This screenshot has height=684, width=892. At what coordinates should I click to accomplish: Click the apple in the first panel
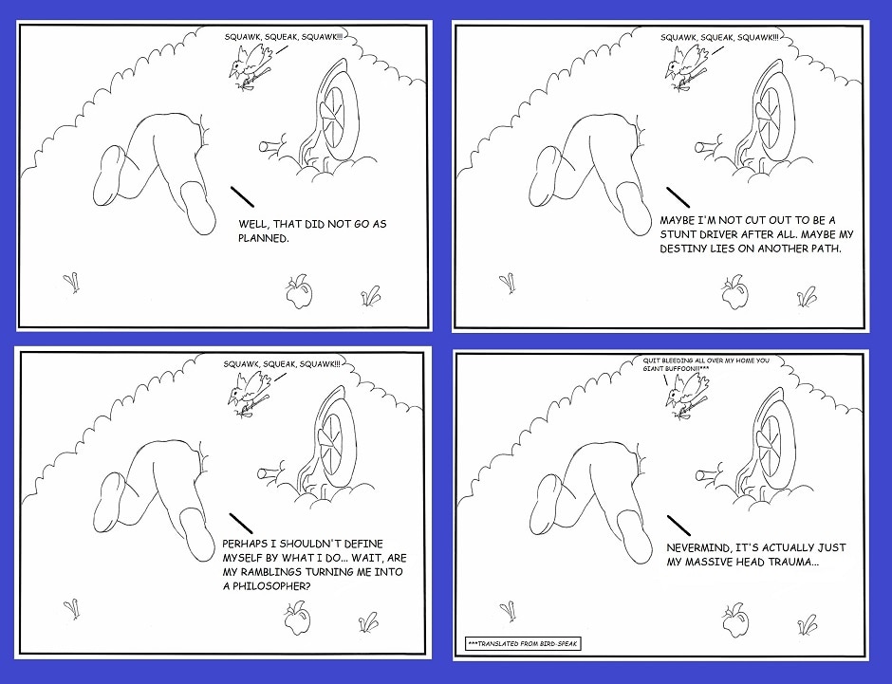[x=299, y=291]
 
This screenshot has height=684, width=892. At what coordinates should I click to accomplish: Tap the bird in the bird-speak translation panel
[x=686, y=396]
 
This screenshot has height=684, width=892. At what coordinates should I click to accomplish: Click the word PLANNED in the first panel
[x=264, y=238]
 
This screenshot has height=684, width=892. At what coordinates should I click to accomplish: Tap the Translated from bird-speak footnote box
[x=523, y=643]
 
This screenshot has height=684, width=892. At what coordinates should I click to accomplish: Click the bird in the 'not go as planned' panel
[x=251, y=66]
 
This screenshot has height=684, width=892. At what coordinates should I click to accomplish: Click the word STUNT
[x=678, y=234]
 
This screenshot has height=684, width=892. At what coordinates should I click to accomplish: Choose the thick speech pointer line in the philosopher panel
[x=241, y=524]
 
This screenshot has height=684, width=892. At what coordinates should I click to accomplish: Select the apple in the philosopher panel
[x=298, y=619]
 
